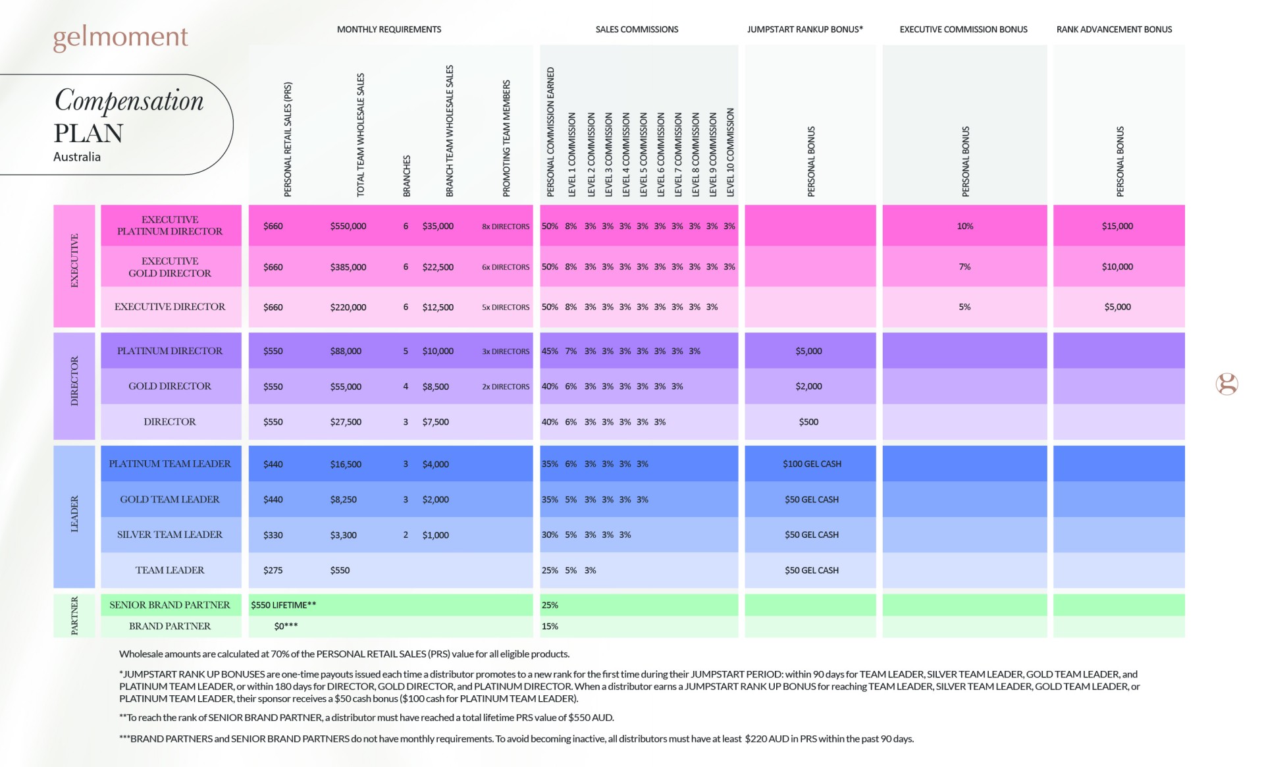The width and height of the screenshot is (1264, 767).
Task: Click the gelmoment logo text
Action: [x=120, y=37]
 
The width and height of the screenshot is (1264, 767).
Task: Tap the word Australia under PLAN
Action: [x=77, y=157]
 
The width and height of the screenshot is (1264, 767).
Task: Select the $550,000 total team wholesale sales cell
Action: [x=348, y=226]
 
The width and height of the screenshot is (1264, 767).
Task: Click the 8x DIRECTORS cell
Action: [x=505, y=226]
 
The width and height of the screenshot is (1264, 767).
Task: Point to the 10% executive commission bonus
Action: [x=964, y=226]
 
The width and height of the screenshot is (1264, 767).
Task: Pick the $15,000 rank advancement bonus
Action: [x=1117, y=226]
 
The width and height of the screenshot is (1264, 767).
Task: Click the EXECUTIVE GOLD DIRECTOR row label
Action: [x=170, y=267]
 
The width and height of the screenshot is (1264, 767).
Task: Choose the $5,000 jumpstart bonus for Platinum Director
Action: [x=808, y=351]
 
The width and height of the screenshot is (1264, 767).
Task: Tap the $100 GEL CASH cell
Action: [x=812, y=463]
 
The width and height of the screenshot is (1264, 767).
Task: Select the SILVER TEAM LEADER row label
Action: [x=170, y=535]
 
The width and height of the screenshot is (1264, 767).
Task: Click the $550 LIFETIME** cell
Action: [x=283, y=605]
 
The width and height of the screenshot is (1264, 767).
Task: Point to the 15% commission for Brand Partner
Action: [x=550, y=626]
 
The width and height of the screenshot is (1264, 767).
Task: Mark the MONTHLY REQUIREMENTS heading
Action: [x=389, y=29]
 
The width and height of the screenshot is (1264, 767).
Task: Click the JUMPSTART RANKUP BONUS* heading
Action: [x=804, y=29]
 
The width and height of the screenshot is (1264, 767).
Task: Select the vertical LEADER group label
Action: [x=74, y=514]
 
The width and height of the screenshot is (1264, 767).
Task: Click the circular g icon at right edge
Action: [x=1226, y=384]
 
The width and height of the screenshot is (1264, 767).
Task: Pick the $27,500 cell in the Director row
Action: [x=346, y=422]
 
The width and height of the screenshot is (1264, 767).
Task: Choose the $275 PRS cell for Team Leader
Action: [x=273, y=570]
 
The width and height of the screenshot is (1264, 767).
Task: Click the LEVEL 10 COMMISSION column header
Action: [x=730, y=152]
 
